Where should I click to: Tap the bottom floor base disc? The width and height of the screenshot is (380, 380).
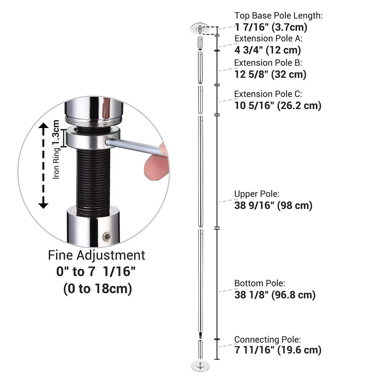click(200, 366)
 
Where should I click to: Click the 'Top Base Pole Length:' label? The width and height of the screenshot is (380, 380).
click(278, 16)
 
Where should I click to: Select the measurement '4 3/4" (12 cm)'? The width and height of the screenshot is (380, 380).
click(268, 50)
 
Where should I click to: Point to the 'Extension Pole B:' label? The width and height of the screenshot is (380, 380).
click(268, 63)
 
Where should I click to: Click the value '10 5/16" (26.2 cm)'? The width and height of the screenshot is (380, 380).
click(277, 105)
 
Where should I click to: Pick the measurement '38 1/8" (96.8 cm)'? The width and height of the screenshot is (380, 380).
click(275, 295)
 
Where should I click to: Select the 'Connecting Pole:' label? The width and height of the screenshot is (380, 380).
click(267, 339)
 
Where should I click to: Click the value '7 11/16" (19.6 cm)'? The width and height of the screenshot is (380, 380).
click(277, 350)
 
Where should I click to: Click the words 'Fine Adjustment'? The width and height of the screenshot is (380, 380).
click(97, 255)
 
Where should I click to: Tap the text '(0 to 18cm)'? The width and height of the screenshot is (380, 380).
click(97, 289)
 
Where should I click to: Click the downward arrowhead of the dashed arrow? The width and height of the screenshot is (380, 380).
click(44, 205)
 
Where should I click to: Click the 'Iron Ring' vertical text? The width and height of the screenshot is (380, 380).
click(56, 163)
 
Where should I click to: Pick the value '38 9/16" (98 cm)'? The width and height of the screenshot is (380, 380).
click(273, 206)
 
